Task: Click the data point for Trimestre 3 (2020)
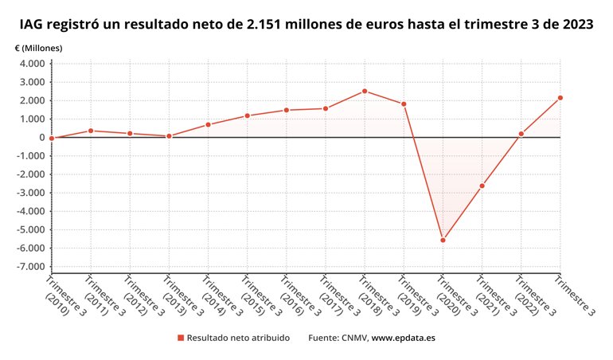443,240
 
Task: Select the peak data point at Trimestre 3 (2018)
365,91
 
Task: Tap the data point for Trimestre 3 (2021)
482,186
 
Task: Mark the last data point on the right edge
560,98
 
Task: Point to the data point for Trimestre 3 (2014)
208,124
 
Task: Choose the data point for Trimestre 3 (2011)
91,131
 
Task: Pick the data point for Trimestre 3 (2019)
404,104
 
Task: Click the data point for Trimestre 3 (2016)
287,110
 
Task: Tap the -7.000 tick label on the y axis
30,267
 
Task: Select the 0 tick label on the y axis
42,138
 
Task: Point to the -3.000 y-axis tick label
30,193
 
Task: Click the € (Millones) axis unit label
38,48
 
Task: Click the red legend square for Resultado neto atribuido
181,338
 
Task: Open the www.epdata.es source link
404,338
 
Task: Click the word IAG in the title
34,25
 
